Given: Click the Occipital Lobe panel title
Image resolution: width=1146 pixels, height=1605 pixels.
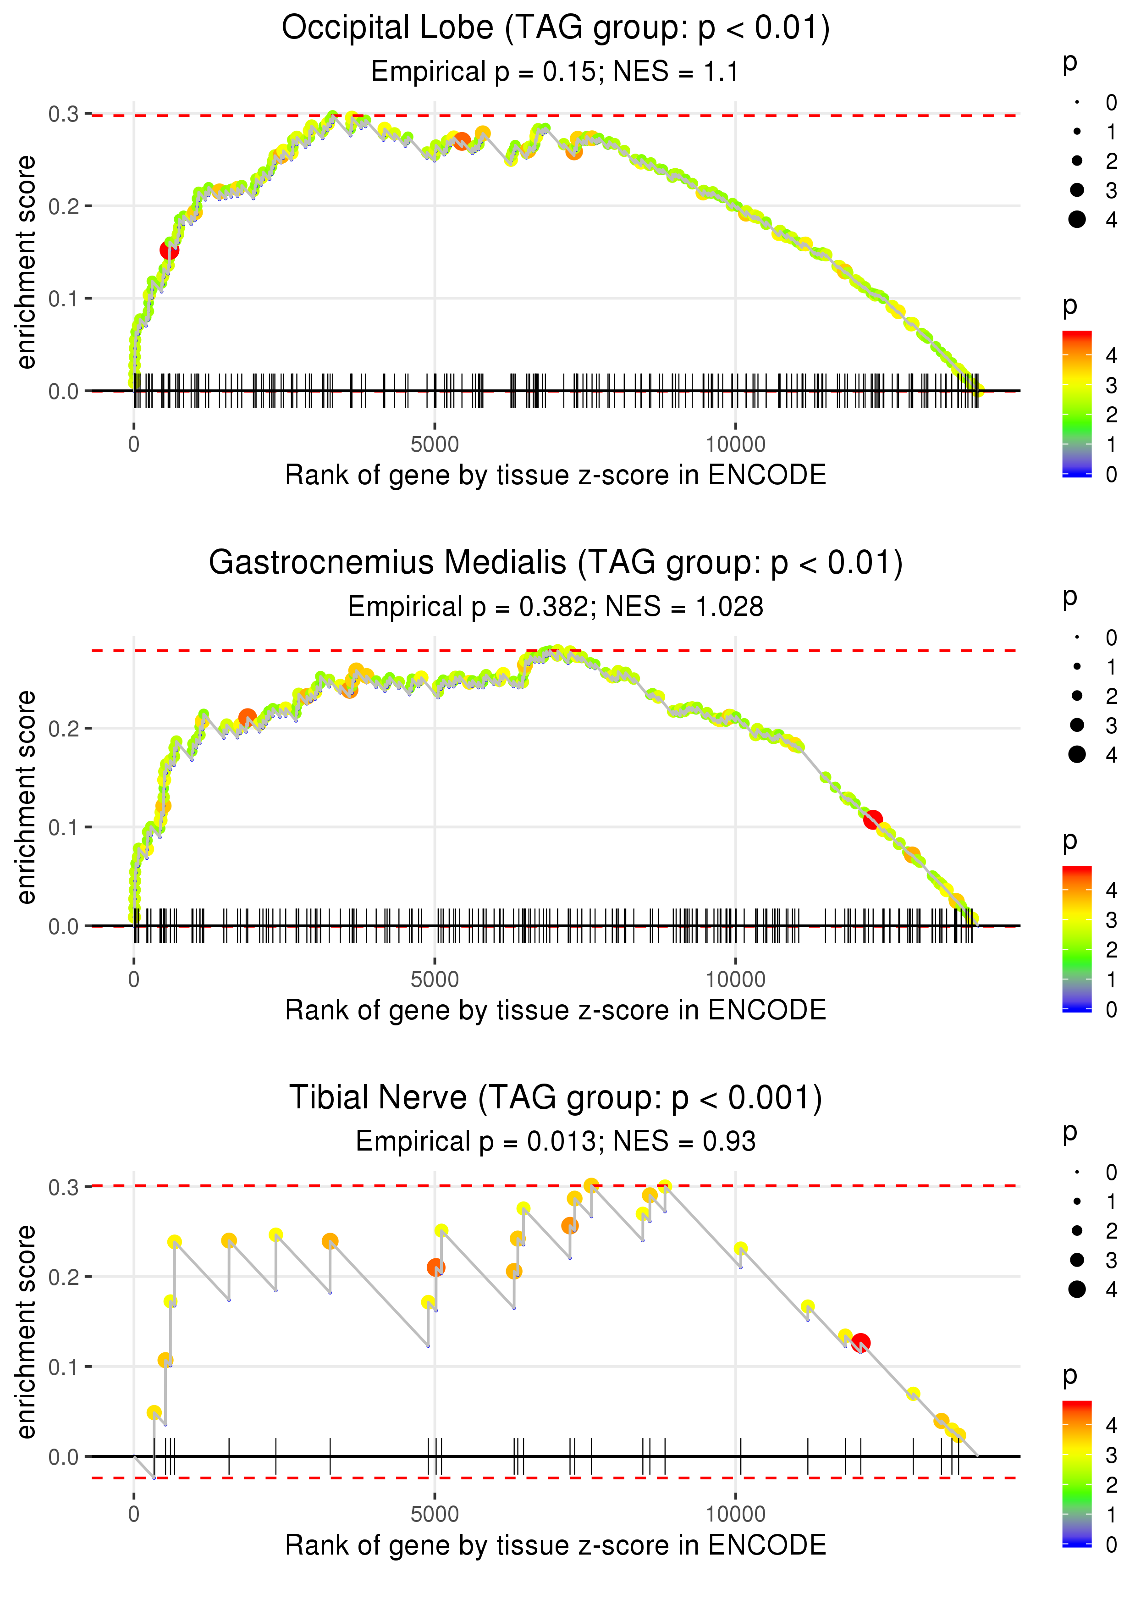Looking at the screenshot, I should tap(556, 28).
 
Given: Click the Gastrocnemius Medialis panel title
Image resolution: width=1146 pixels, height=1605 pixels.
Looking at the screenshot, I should tap(556, 563).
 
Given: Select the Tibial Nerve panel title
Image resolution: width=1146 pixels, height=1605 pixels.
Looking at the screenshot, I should tap(556, 1098).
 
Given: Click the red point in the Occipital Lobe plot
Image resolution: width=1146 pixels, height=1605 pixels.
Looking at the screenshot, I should tap(169, 250).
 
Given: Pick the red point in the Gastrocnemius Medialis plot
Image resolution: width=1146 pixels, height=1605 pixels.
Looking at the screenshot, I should tap(873, 819).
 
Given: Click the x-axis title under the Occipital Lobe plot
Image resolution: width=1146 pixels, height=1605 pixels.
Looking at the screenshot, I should tap(556, 475).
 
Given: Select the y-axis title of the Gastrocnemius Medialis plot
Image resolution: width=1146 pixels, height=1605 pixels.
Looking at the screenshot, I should tap(26, 797).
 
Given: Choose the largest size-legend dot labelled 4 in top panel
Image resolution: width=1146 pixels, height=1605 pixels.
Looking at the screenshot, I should tap(1077, 220).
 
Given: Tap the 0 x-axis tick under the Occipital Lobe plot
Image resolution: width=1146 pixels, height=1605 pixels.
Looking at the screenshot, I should tap(134, 445).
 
